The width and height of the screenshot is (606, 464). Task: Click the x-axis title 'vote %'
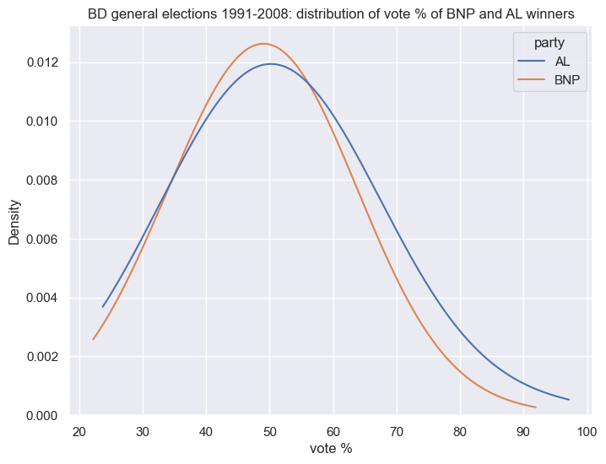pos(331,448)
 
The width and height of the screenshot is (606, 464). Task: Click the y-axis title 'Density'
pos(14,221)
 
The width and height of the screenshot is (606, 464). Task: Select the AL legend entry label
pos(562,62)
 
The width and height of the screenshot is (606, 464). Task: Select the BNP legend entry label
pos(566,82)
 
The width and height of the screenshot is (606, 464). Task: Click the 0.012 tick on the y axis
pos(40,63)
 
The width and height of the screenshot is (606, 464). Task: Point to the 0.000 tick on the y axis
pos(40,416)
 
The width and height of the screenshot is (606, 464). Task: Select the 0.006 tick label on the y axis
pos(40,240)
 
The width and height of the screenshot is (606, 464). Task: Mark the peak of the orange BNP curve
pos(264,44)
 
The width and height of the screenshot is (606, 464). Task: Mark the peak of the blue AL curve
pos(270,64)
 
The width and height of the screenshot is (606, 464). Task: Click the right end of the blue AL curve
pos(569,400)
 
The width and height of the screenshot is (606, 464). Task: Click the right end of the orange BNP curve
pos(536,407)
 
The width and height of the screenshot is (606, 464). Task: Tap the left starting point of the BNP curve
pos(93,339)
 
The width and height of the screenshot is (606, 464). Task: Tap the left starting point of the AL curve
pos(103,307)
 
